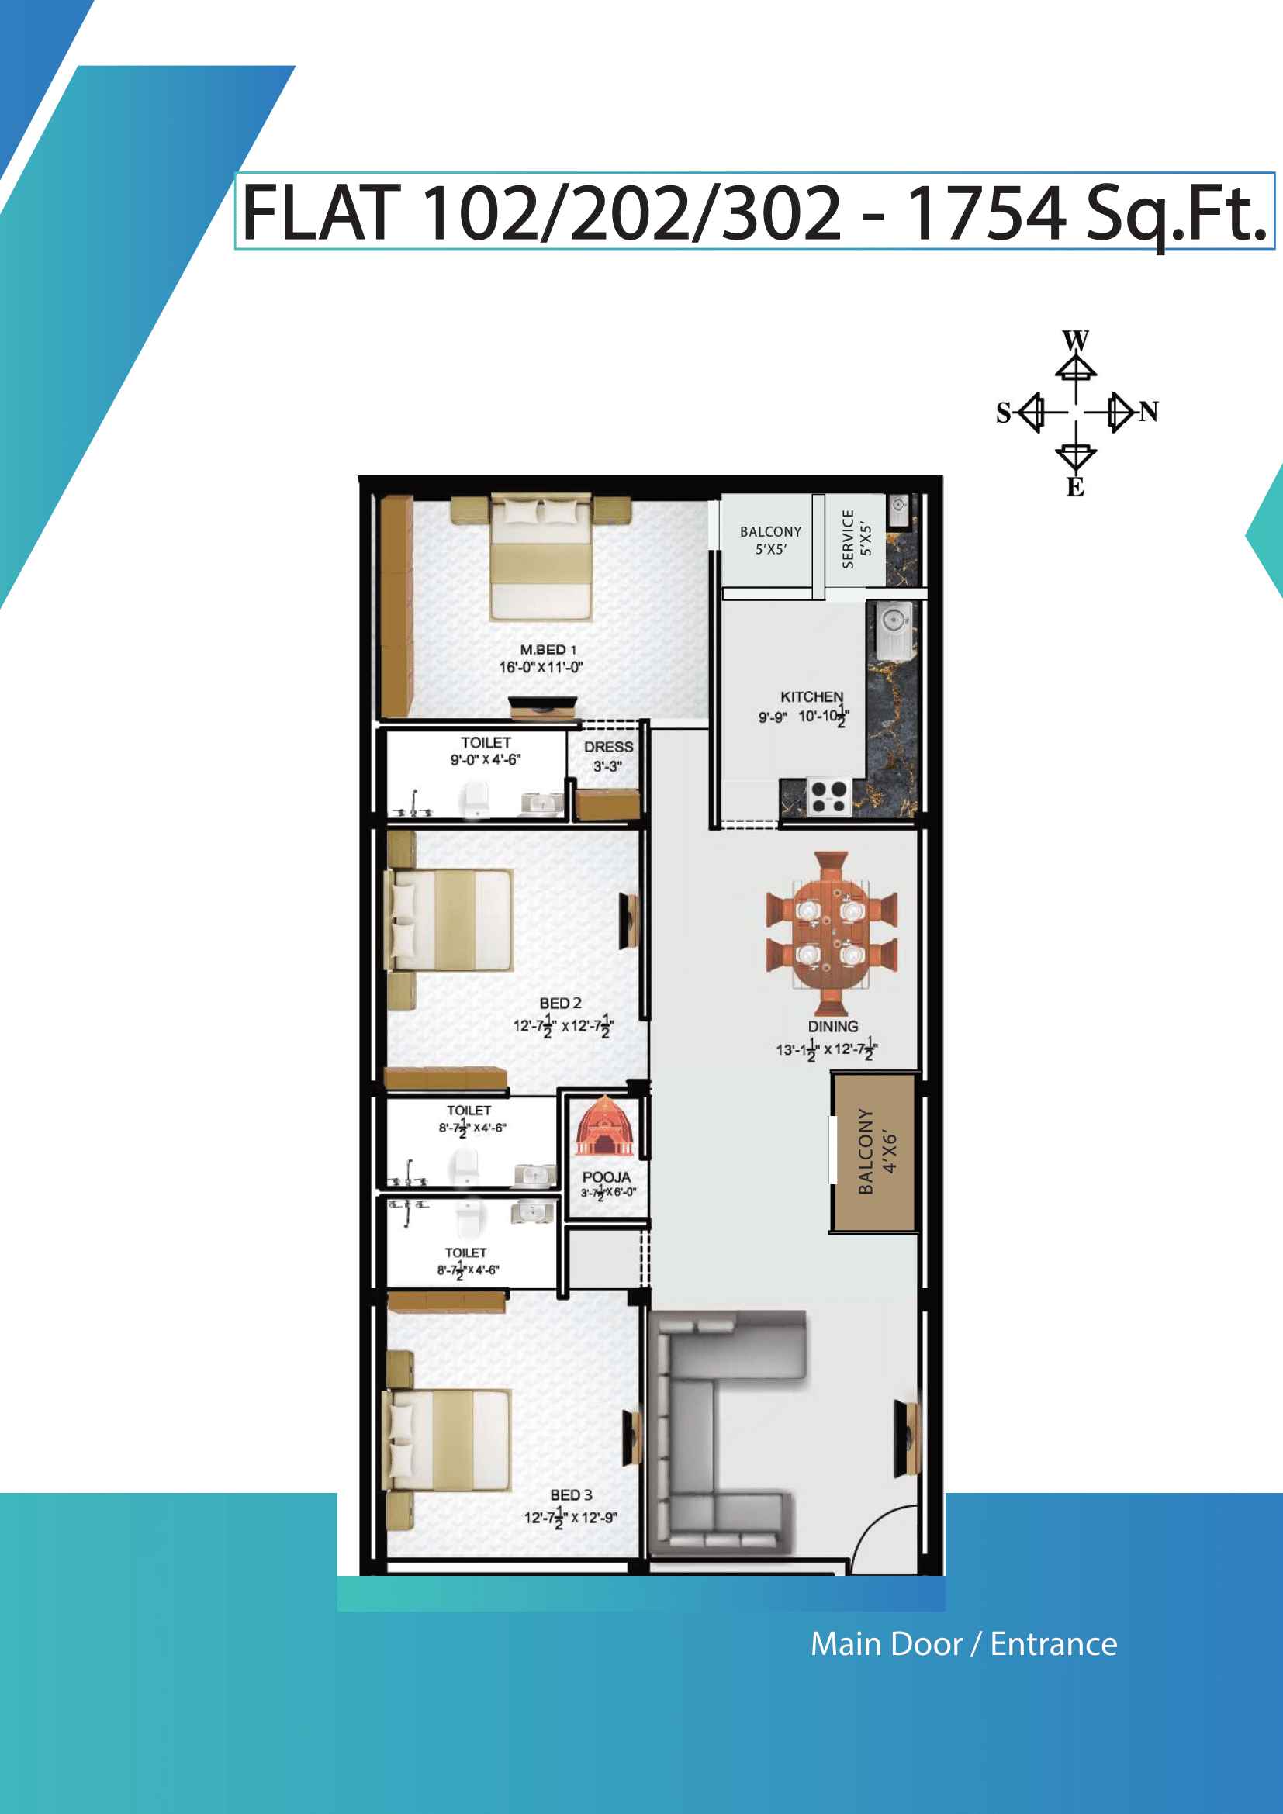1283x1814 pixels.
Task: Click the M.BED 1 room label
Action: pos(548,649)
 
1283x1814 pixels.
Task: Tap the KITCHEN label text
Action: pos(811,697)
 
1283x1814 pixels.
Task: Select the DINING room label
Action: pos(832,1026)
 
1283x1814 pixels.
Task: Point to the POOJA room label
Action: pos(606,1177)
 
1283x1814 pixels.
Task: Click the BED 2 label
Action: pos(560,1003)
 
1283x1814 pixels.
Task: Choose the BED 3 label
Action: pos(571,1494)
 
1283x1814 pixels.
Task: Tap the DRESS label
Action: pos(608,747)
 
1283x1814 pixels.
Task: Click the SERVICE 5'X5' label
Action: pos(856,539)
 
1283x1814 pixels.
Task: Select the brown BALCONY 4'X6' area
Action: pos(873,1151)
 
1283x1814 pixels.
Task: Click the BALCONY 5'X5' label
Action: pos(770,541)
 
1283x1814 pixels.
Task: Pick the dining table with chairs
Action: pos(831,933)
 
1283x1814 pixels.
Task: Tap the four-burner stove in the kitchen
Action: pos(828,796)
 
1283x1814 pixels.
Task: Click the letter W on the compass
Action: pos(1075,341)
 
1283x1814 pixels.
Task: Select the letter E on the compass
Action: pos(1075,487)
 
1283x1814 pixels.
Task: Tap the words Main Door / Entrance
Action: pos(964,1644)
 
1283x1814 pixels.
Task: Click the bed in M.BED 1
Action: pos(541,557)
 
